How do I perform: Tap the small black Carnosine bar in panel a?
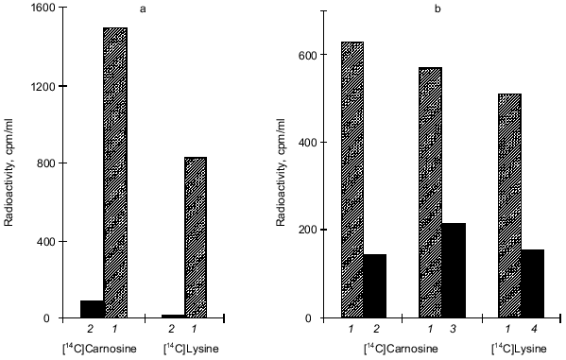93,309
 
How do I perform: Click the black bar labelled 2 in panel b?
375,285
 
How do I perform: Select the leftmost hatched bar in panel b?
352,180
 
